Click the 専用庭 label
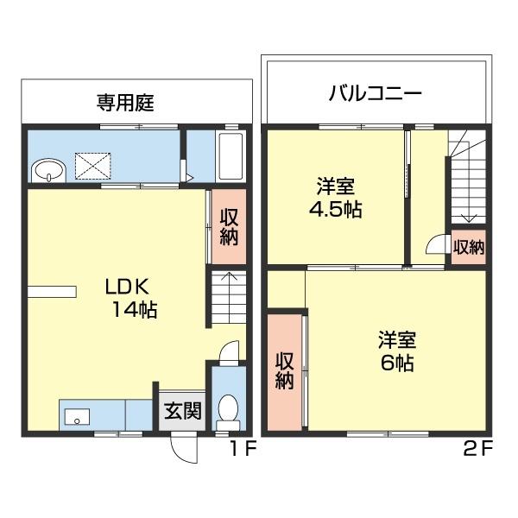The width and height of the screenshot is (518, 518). point(124,103)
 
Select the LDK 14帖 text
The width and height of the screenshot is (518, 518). point(130,298)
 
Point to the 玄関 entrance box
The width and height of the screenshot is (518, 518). point(182,410)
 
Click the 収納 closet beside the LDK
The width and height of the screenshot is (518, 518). point(228,226)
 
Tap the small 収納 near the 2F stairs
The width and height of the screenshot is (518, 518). point(469,247)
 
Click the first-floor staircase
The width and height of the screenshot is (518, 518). point(227,299)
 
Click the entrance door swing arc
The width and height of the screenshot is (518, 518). point(183,445)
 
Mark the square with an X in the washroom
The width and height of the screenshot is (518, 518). point(91,164)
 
